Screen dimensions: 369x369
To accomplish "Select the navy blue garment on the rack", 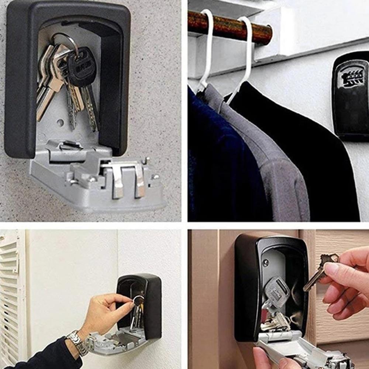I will (218, 166).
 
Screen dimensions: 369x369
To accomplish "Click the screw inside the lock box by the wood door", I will (265, 263).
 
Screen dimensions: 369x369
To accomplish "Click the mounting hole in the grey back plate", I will (60, 122).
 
